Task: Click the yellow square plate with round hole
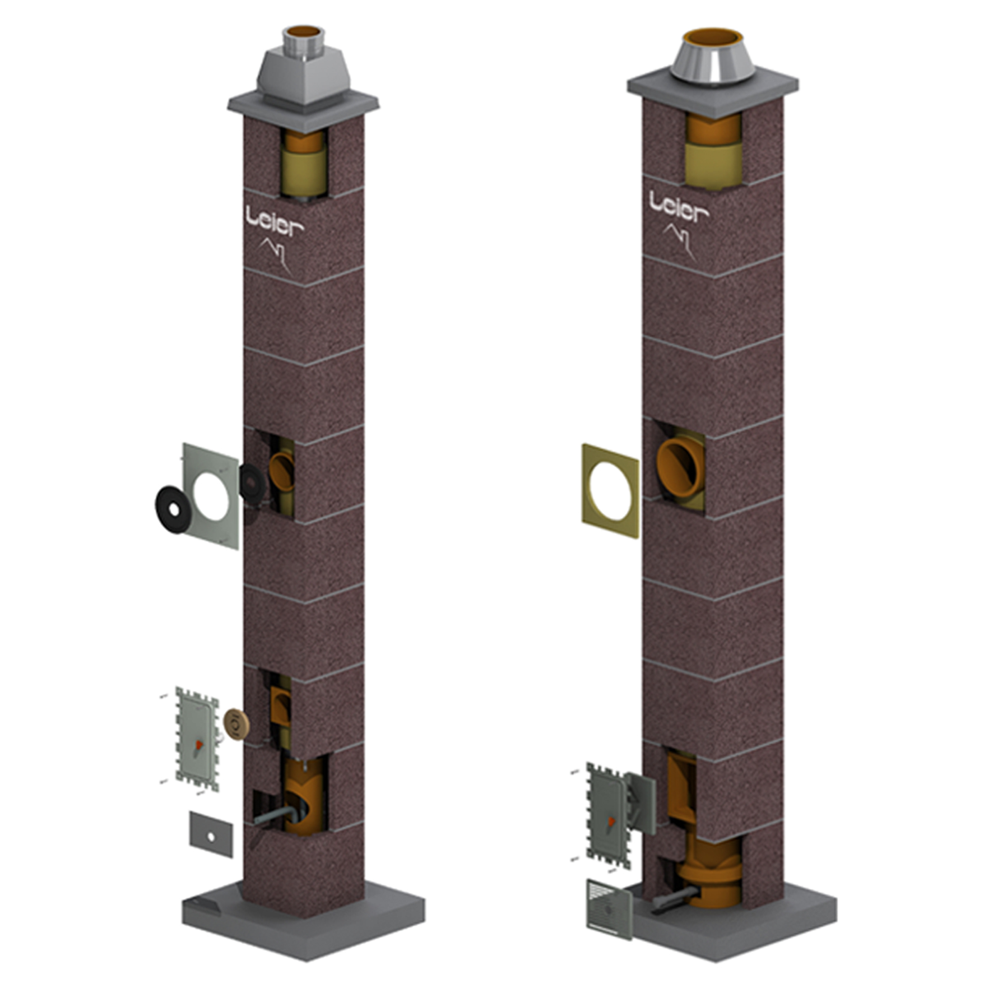610,491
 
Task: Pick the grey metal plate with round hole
211,496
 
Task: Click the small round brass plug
236,724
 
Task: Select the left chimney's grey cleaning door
197,739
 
